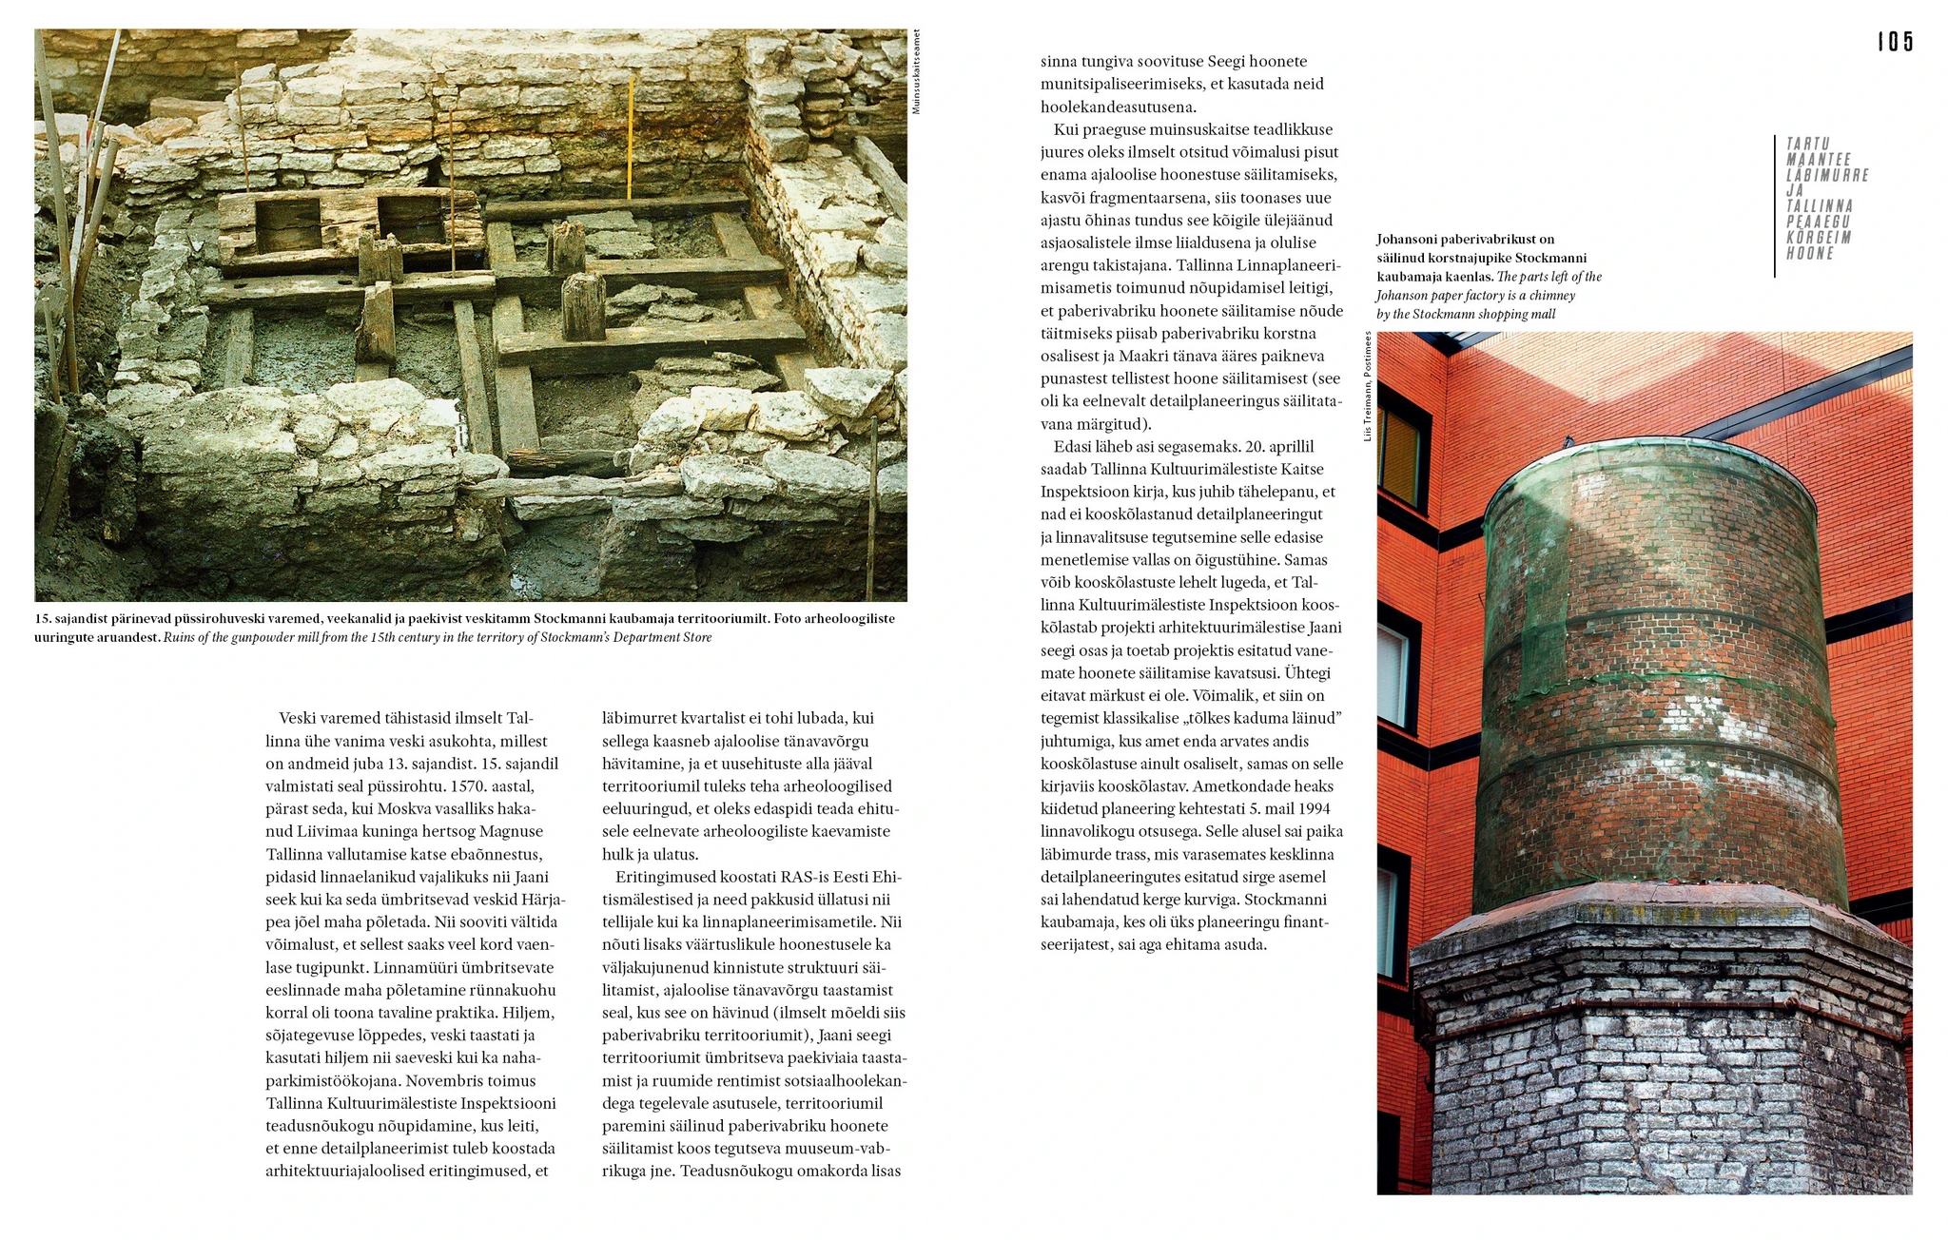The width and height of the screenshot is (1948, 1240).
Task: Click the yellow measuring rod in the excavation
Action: (630, 139)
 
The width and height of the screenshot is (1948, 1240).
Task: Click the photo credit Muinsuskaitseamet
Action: (916, 72)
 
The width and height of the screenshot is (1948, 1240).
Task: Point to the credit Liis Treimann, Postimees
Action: (1367, 386)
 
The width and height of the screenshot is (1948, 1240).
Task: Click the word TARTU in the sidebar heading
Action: (1808, 144)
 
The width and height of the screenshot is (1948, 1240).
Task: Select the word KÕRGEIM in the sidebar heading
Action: (1818, 237)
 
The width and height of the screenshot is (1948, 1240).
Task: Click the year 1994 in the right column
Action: (1311, 809)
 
